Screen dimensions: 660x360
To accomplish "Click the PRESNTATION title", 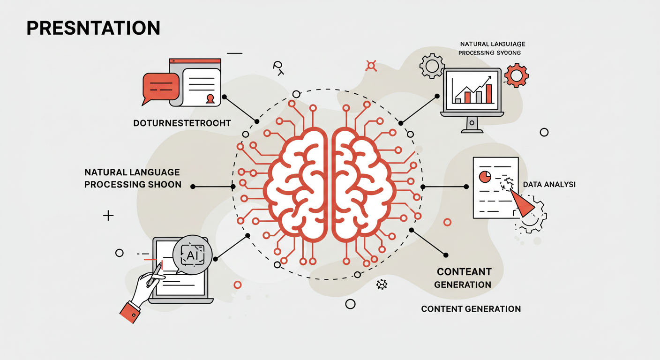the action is point(93,29).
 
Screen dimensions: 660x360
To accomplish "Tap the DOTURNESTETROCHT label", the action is point(182,123).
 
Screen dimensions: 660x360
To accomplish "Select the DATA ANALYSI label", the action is point(549,185).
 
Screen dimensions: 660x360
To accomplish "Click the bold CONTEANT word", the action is point(464,272).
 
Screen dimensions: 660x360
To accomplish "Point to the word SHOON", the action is point(164,184).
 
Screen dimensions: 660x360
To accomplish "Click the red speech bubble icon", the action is point(160,87).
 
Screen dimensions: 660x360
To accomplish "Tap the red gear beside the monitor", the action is point(517,75).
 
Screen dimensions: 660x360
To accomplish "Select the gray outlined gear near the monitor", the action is point(432,66).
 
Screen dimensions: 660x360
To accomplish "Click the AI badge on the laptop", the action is point(192,255).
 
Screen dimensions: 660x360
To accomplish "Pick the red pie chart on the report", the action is point(485,177).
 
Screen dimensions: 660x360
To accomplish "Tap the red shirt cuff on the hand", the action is point(130,311).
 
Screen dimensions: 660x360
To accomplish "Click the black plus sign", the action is point(108,216).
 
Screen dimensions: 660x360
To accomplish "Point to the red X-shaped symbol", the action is point(371,66).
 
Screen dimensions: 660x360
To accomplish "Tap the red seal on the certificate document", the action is point(210,98).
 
